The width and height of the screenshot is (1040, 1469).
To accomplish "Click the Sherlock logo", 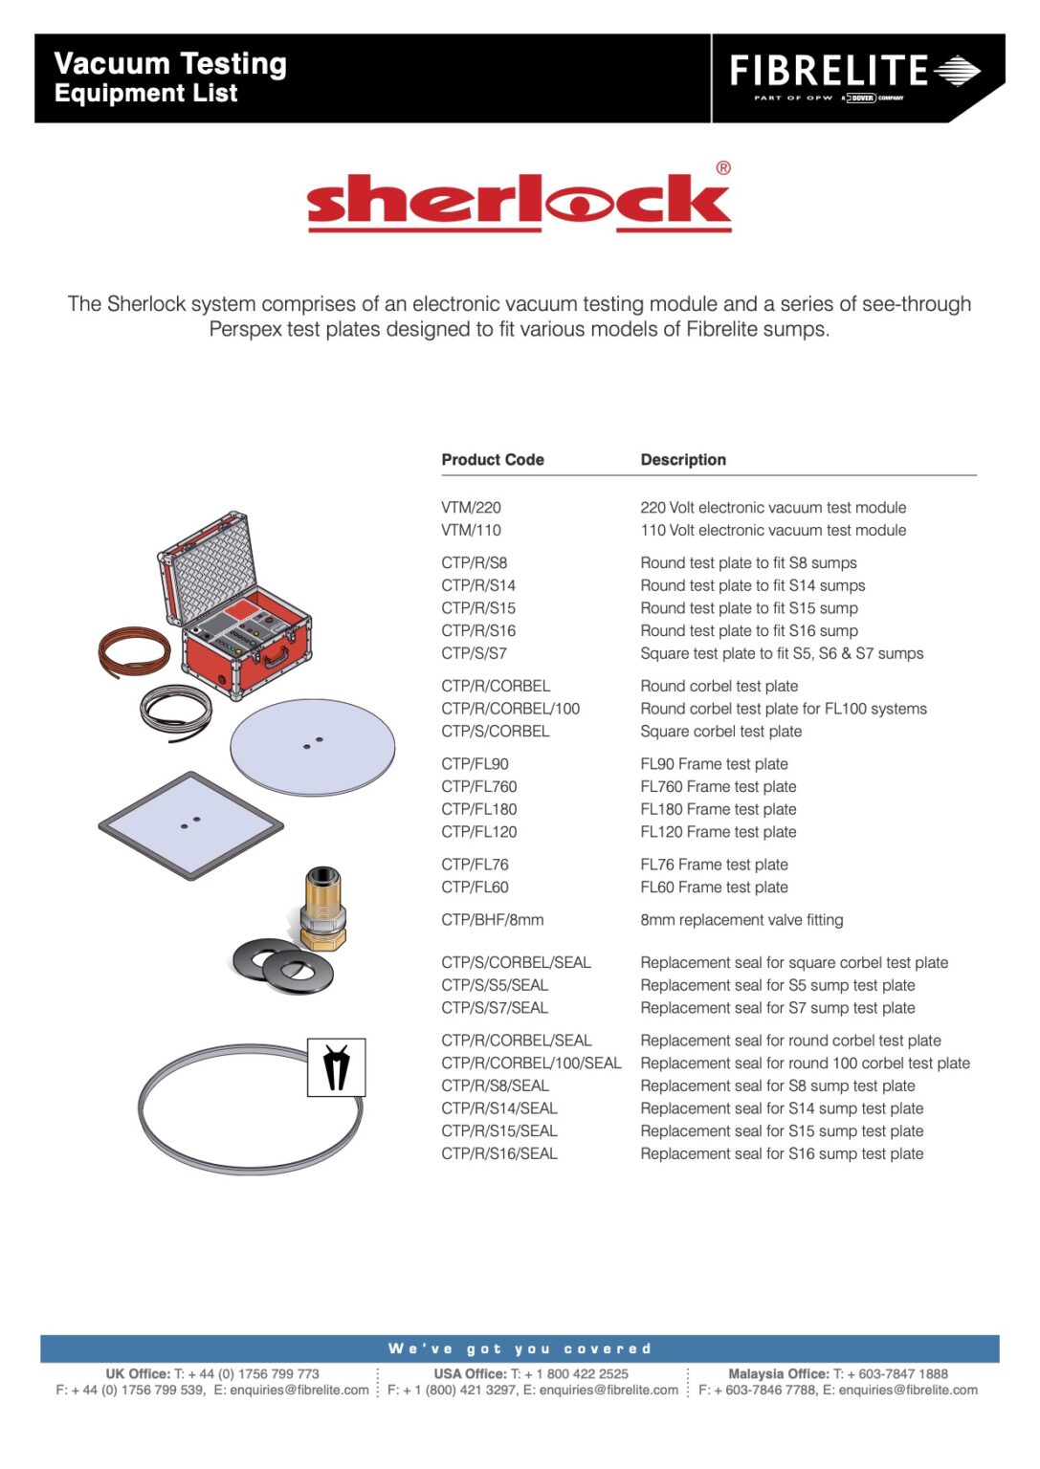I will [x=519, y=202].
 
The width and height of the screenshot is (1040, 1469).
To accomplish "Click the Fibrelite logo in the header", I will [x=854, y=74].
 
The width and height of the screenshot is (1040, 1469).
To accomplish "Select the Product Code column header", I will [x=492, y=460].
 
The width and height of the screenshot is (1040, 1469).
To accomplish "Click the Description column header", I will [x=682, y=460].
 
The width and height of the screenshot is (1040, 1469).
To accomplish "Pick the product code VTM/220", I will [x=471, y=508].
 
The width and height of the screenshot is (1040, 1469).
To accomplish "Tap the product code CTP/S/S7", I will [x=474, y=654].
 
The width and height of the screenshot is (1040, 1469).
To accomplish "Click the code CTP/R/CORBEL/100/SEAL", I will [x=531, y=1063].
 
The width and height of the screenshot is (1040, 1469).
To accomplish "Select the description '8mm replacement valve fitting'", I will [x=741, y=920].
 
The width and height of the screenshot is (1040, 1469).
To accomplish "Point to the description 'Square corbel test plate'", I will [x=720, y=732].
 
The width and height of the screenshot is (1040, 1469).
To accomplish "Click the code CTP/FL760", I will [x=478, y=787].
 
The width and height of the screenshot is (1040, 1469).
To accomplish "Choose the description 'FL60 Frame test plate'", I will [x=714, y=888].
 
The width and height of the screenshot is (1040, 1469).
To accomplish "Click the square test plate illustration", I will [x=191, y=824].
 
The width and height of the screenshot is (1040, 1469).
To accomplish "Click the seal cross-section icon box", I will [x=336, y=1067].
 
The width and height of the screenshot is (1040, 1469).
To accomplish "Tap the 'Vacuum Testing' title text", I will [x=170, y=64].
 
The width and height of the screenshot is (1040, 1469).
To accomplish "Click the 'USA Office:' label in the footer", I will [x=470, y=1374].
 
